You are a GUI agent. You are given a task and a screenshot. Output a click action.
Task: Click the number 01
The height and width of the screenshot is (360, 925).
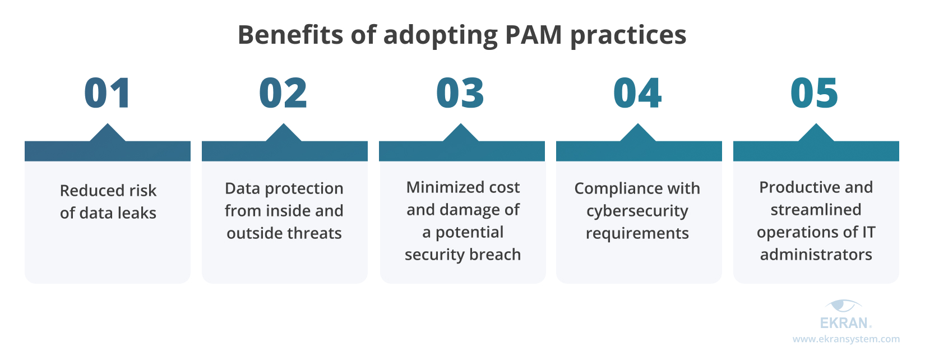[107, 93]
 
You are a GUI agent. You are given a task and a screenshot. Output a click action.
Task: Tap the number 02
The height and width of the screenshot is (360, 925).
[283, 93]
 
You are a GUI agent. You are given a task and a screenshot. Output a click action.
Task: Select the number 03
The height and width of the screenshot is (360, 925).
[460, 93]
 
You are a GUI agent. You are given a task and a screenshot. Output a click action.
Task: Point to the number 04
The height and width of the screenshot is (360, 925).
[637, 93]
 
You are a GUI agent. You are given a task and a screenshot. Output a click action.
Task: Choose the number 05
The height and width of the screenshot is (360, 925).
[814, 93]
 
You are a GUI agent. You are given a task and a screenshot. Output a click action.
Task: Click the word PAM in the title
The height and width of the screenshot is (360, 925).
[533, 35]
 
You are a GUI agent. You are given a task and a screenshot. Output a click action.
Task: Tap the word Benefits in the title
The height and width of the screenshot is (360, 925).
[290, 35]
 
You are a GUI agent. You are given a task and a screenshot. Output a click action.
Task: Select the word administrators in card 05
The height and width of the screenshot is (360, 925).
[816, 255]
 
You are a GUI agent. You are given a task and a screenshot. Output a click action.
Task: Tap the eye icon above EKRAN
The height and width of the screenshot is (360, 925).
[843, 306]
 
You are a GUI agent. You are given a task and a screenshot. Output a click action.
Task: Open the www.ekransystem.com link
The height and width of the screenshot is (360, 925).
[846, 339]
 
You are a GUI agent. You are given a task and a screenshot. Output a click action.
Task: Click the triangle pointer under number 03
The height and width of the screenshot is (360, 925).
[461, 133]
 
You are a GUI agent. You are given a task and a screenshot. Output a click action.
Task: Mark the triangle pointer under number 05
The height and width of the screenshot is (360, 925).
[816, 133]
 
